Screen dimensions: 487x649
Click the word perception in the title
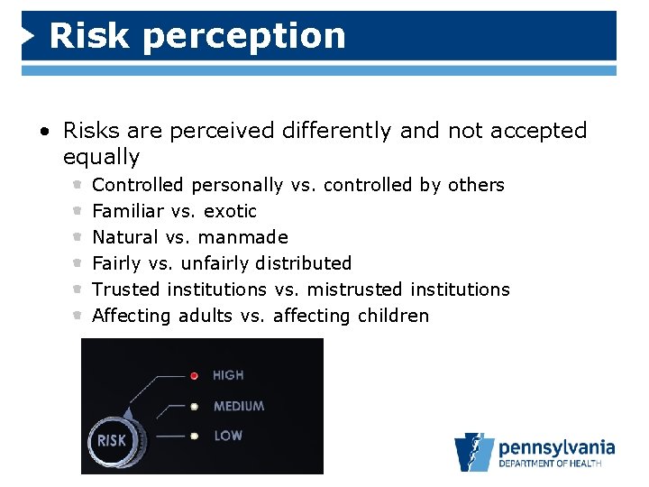click(x=244, y=36)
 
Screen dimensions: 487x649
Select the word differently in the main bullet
click(x=338, y=131)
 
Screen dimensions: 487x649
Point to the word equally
click(x=101, y=157)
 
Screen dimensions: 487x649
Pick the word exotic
click(x=230, y=211)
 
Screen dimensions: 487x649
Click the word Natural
click(x=125, y=237)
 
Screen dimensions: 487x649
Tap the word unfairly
click(x=215, y=263)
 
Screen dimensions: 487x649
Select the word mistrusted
click(x=355, y=289)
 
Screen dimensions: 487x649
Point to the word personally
click(x=237, y=185)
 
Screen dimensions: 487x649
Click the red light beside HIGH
click(x=193, y=375)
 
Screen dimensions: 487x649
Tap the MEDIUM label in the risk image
click(x=239, y=406)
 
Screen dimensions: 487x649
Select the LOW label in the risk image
click(x=227, y=436)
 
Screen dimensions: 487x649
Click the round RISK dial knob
click(x=112, y=441)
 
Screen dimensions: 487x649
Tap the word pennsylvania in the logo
click(x=556, y=447)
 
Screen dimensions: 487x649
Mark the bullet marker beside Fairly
click(x=78, y=263)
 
